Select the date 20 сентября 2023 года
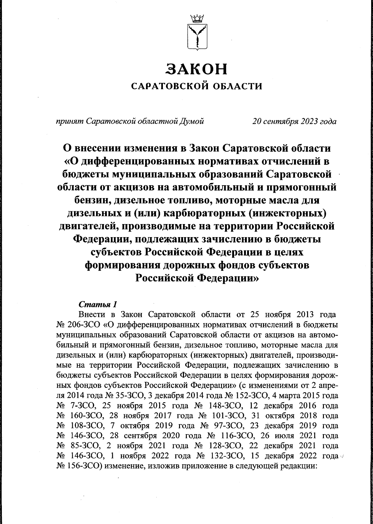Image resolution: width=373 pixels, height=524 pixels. pos(294,121)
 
